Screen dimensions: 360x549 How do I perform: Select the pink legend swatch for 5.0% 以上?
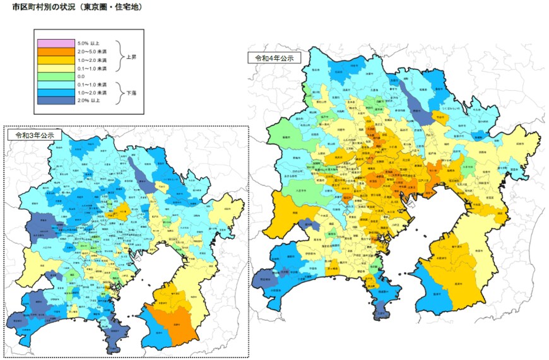tap(57, 43)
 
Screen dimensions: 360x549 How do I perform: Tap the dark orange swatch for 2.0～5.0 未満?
tap(57, 51)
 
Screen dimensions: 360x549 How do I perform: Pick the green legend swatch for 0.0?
tap(57, 76)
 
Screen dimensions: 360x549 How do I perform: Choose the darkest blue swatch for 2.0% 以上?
tap(57, 100)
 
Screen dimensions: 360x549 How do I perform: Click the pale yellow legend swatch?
tap(57, 67)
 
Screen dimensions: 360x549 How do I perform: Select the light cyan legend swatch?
tap(57, 84)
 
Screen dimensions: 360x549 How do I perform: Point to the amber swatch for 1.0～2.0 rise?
tap(57, 59)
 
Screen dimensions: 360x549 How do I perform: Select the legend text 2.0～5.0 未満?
tap(93, 51)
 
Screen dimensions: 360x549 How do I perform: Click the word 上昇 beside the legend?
tap(132, 55)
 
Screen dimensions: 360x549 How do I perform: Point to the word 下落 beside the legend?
tap(132, 92)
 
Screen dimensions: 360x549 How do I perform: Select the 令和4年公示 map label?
tap(273, 57)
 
